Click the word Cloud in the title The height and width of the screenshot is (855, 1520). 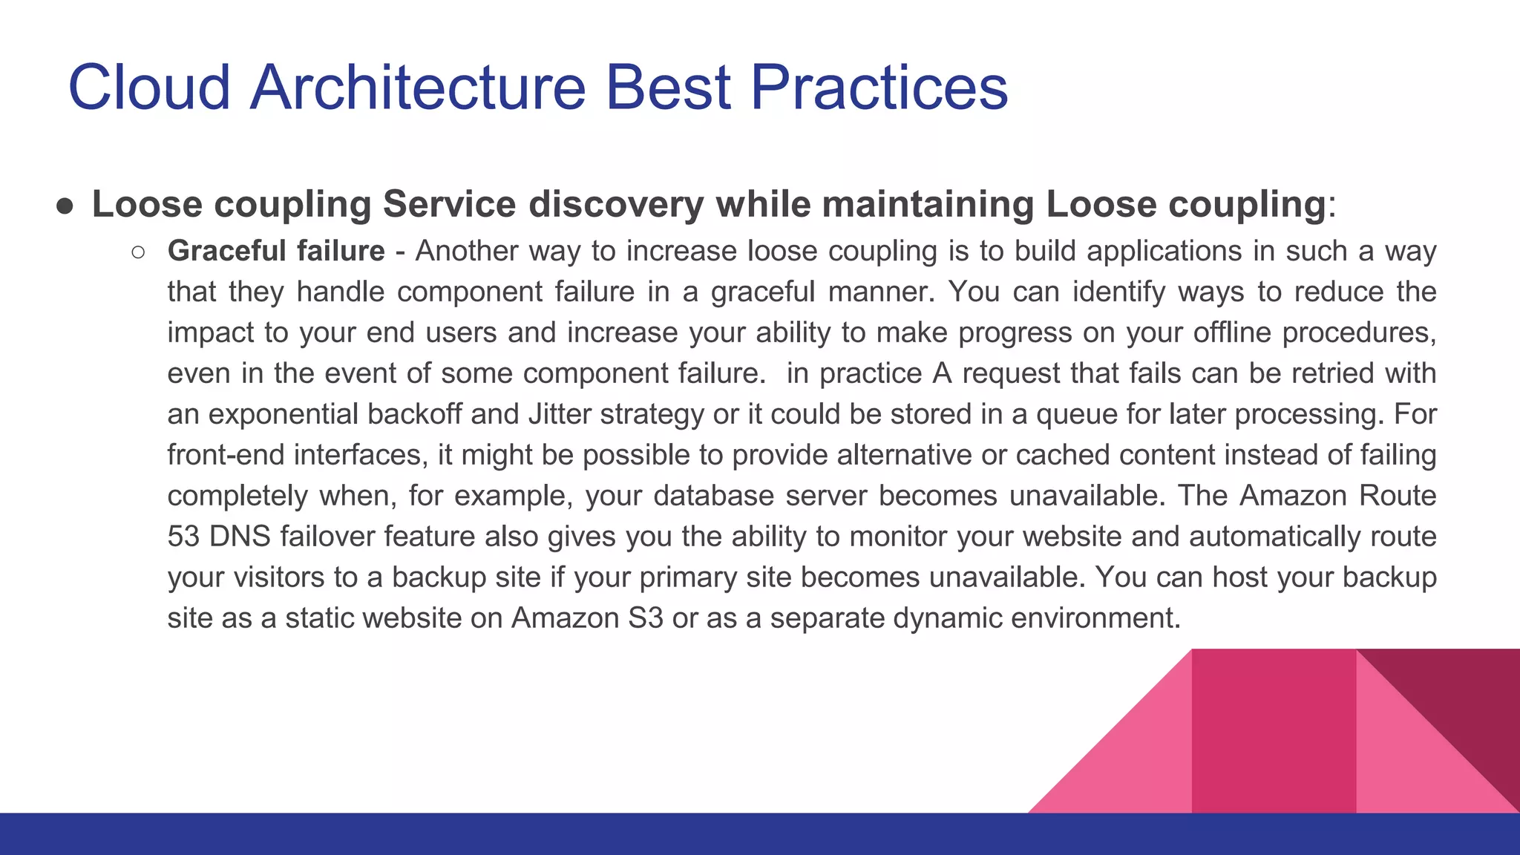pos(149,88)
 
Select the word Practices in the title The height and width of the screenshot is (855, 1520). pos(879,88)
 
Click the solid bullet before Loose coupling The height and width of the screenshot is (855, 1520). pos(65,206)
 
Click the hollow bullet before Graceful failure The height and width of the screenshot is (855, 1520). pos(138,252)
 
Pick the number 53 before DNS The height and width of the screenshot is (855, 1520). pos(183,537)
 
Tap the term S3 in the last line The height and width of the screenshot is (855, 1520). pos(645,618)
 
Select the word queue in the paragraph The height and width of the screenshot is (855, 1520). pos(1076,414)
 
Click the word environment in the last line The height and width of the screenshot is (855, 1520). pos(1094,618)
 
